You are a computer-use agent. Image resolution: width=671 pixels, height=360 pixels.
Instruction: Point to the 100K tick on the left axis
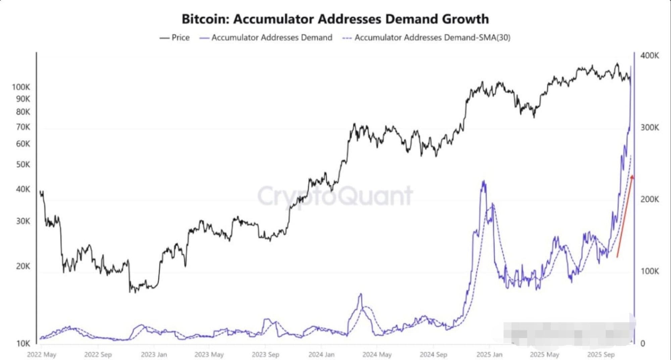point(21,87)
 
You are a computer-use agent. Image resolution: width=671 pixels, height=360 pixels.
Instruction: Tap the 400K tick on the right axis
point(649,56)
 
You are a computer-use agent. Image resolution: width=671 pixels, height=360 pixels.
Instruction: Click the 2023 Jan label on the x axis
point(154,354)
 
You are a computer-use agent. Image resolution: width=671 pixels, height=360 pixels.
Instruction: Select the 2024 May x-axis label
point(377,354)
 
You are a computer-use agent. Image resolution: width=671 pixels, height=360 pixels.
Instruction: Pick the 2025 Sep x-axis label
point(601,354)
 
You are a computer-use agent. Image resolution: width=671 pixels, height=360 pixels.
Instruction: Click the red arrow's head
point(632,177)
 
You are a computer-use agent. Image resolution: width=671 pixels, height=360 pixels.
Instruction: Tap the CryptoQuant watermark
point(335,196)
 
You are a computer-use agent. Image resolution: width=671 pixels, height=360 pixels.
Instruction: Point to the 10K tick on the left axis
point(23,344)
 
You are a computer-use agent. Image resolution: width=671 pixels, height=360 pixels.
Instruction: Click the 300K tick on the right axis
point(649,127)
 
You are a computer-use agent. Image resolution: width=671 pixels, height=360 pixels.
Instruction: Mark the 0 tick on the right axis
point(642,343)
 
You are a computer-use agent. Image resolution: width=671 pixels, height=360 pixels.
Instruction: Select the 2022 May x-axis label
point(42,354)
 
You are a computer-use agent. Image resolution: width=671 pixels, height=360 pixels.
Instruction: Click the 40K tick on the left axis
point(23,189)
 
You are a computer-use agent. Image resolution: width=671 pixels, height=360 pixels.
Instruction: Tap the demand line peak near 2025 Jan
point(483,182)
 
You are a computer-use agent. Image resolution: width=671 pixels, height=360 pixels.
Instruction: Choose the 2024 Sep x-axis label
point(433,354)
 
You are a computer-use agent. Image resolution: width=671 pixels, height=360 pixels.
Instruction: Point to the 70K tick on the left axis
point(23,127)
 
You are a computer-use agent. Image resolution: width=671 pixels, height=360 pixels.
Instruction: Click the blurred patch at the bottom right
point(567,333)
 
